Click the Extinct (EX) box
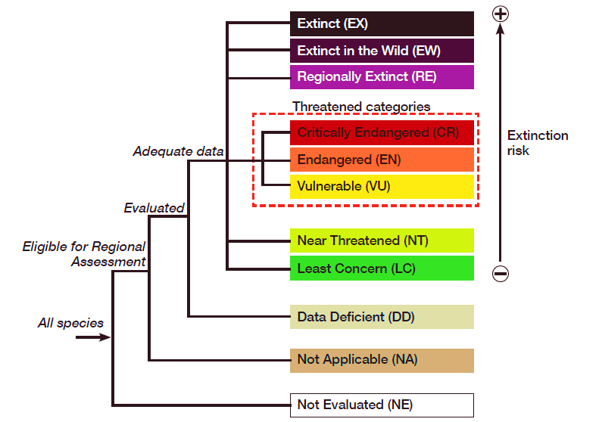coord(382,23)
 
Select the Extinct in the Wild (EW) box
coord(382,51)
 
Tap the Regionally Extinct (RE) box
coord(382,77)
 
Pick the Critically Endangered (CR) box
coord(382,132)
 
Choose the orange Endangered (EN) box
coord(382,160)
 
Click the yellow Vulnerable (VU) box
coord(382,186)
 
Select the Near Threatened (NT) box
coord(382,240)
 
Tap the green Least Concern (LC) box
coord(382,268)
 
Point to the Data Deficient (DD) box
coord(382,317)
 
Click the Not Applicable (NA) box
coord(382,360)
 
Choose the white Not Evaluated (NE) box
coord(382,405)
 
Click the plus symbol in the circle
coord(500,13)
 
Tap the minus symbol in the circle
coord(500,274)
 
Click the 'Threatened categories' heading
coord(361,107)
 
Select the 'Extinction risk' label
coord(537,143)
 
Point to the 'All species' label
coord(70,323)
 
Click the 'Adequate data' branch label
coord(178,151)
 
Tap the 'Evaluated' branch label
coord(154,207)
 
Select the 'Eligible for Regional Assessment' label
coord(85,254)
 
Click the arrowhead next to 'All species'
coord(105,337)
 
